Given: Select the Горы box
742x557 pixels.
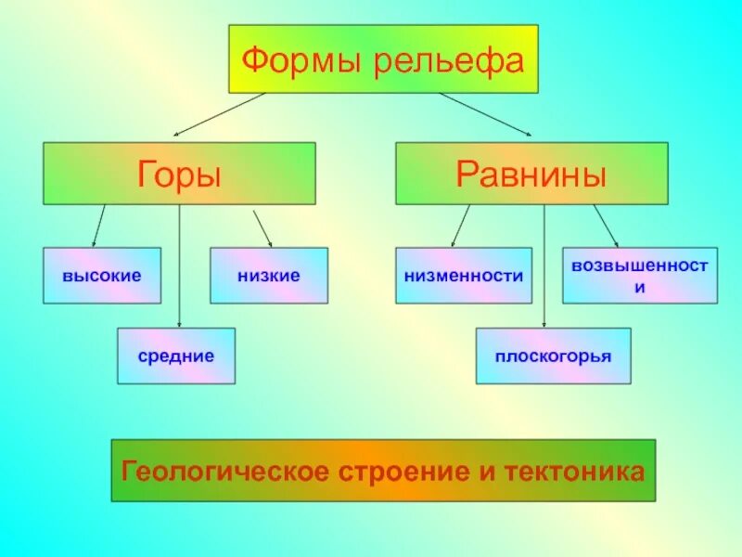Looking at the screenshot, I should pos(179,173).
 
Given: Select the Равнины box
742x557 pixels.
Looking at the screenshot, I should pos(531,173).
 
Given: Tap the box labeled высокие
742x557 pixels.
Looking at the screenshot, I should pos(102,276).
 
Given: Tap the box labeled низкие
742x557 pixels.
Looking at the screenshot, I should pos(269,276).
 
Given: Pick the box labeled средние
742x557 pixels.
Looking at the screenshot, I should pos(176,356).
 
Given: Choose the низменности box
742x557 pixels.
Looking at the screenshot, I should pos(464,276).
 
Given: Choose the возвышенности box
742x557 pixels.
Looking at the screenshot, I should pos(640,276).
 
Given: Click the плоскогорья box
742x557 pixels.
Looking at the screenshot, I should pos(553,356).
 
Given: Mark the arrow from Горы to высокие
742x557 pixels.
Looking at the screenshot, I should pos(98,226).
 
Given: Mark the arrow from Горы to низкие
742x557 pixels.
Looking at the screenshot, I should pos(262,227).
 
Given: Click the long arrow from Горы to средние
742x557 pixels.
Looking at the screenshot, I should pos(179,269).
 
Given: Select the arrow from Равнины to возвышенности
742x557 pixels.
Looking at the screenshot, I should pos(606,226).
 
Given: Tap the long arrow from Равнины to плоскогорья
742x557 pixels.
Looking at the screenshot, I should pos(544,269).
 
